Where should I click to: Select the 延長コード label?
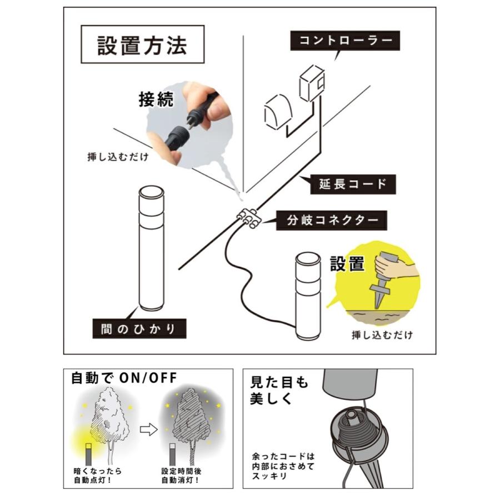tap(353, 183)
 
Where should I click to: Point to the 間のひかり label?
tap(139, 328)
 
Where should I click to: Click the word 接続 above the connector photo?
tap(156, 99)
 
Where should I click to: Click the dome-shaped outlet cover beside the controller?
tap(276, 111)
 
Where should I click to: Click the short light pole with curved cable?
tap(309, 296)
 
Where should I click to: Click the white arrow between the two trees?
tap(147, 429)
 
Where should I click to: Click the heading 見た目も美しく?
tap(279, 391)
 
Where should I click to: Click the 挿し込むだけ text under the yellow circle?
tap(382, 335)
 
